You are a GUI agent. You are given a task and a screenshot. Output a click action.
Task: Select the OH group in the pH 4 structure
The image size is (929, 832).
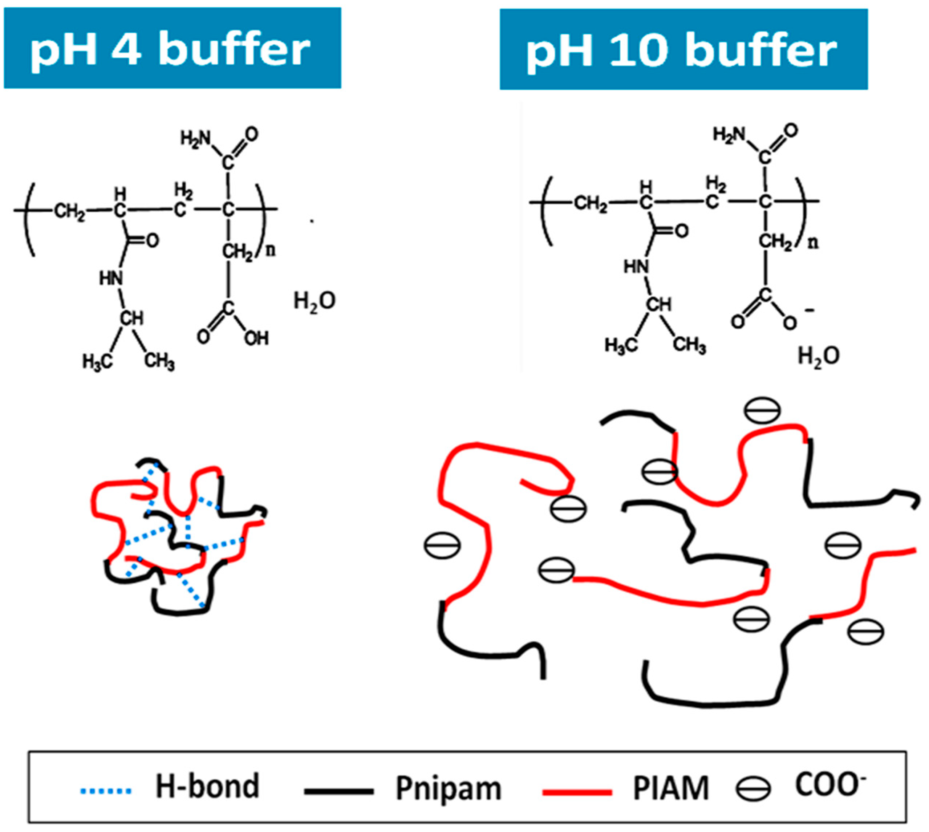pyautogui.click(x=256, y=339)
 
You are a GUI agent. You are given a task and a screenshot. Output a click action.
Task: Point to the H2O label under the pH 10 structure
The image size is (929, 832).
pyautogui.click(x=818, y=356)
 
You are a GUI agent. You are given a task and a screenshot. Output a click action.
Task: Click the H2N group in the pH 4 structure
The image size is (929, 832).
pyautogui.click(x=195, y=138)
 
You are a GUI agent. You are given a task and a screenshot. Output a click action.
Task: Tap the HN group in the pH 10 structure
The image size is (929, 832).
pyautogui.click(x=636, y=267)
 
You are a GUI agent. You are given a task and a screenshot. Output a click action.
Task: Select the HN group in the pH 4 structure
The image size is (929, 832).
pyautogui.click(x=111, y=278)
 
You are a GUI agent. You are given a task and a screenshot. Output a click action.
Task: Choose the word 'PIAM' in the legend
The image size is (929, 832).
pyautogui.click(x=671, y=788)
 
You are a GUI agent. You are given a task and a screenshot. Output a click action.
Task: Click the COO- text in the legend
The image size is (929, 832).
pyautogui.click(x=830, y=785)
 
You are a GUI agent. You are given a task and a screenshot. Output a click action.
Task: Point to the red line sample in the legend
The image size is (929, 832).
pyautogui.click(x=577, y=792)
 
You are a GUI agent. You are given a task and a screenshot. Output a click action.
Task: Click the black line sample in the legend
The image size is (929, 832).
pyautogui.click(x=339, y=791)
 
